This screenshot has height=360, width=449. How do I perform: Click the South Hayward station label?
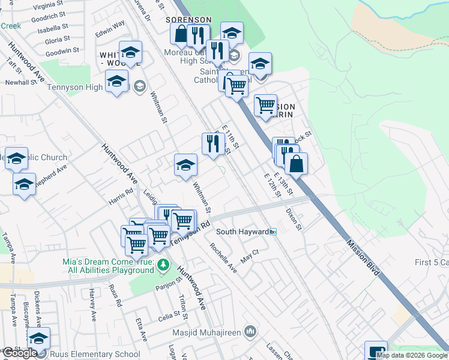[242, 232]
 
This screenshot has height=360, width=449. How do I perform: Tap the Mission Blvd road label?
[363, 256]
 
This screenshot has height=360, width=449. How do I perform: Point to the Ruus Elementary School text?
[95, 354]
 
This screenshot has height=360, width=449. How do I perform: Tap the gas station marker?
[376, 351]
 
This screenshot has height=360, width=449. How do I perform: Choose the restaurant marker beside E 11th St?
[212, 144]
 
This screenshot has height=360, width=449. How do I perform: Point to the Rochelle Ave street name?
[223, 257]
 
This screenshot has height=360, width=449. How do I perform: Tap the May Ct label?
[249, 257]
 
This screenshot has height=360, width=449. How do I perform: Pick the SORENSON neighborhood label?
[189, 20]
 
